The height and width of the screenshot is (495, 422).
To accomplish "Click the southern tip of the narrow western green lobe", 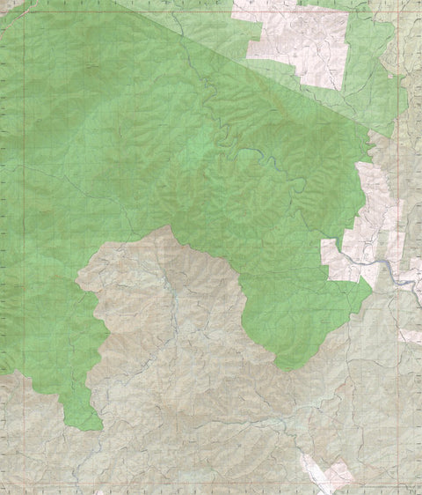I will point(94,428).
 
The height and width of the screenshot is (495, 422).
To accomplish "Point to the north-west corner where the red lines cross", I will point(24,12).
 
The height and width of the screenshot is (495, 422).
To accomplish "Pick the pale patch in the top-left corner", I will point(11,7).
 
